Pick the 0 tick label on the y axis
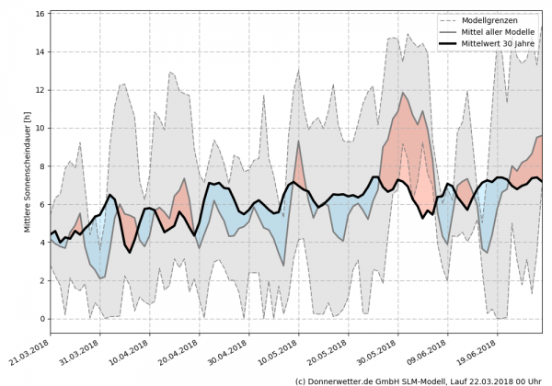pyautogui.click(x=43, y=319)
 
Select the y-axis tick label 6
pyautogui.click(x=43, y=204)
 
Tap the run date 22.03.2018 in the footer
pyautogui.click(x=495, y=380)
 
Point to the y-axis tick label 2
pyautogui.click(x=43, y=280)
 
